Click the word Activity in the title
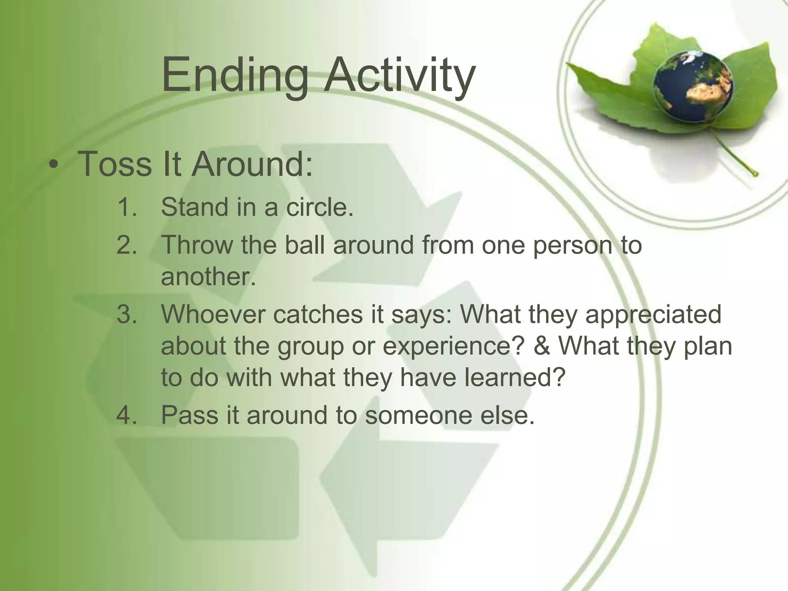(x=399, y=75)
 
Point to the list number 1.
(x=127, y=207)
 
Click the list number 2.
(x=127, y=245)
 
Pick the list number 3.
(x=127, y=314)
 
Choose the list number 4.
(x=127, y=415)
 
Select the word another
(x=208, y=277)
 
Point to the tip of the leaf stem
(x=756, y=174)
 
